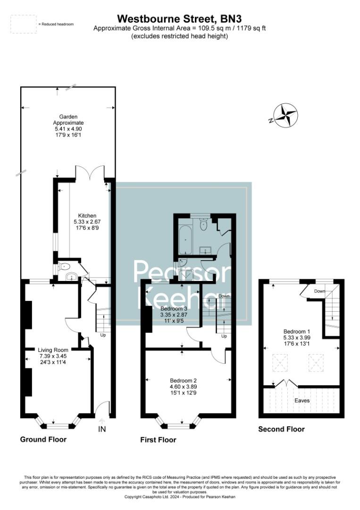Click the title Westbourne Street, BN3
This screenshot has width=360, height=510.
[x=179, y=19]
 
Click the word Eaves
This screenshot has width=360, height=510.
[x=302, y=400]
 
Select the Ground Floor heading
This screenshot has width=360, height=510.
[x=43, y=439]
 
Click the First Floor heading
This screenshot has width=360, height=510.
[x=158, y=440]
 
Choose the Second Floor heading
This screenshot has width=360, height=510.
[x=281, y=429]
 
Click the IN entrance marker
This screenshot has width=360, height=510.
[x=102, y=429]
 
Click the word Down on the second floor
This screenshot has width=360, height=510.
[x=320, y=291]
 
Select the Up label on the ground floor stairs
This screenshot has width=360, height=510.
[x=103, y=335]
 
